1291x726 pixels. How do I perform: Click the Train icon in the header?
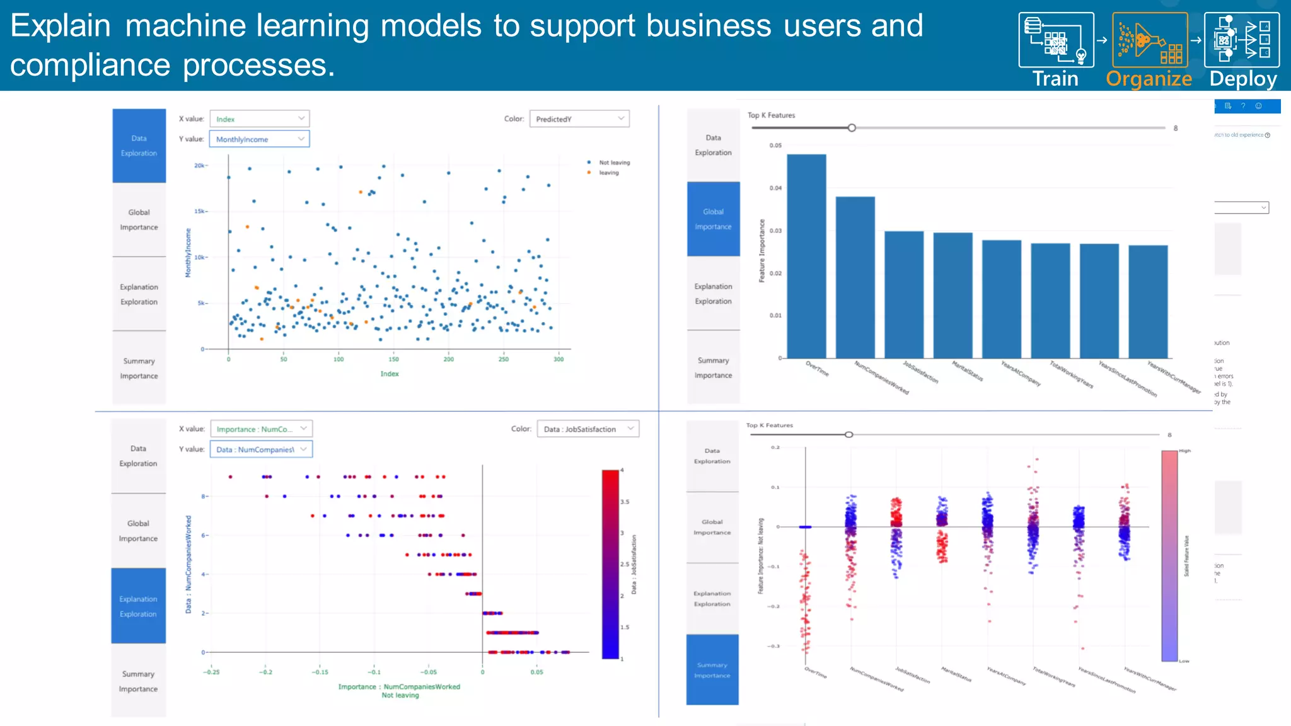(x=1056, y=40)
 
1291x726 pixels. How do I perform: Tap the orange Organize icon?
(x=1149, y=40)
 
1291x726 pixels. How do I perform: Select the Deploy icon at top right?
(x=1241, y=40)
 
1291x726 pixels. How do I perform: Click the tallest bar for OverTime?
(x=806, y=255)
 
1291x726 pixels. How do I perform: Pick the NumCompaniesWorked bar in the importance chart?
(x=855, y=277)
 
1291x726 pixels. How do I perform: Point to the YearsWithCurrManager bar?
(x=1148, y=301)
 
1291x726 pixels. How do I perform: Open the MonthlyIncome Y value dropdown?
(x=259, y=139)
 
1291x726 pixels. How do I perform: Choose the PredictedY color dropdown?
(x=579, y=119)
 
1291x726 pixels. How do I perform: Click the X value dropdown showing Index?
(x=259, y=119)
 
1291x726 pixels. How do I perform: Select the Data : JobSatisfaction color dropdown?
(x=588, y=429)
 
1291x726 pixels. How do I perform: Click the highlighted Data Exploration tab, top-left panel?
(x=139, y=146)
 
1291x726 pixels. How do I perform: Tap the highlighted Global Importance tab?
(x=713, y=219)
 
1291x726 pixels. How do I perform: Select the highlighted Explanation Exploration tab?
(x=138, y=606)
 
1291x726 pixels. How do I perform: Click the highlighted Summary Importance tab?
(x=712, y=670)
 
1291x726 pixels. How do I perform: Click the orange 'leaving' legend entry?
(x=608, y=173)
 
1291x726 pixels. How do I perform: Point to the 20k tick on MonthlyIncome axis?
(x=199, y=166)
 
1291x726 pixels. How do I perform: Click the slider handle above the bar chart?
(x=852, y=128)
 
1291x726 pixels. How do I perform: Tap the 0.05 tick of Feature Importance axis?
(x=775, y=146)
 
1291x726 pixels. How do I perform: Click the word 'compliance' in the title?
(x=90, y=66)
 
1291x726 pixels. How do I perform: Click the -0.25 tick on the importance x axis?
(x=211, y=672)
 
